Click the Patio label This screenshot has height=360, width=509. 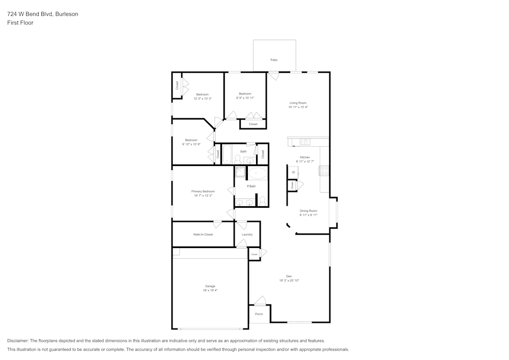pos(274,60)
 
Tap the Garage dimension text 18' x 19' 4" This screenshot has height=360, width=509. pos(210,290)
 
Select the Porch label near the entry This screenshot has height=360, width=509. pos(259,314)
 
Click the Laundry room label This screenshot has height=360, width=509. pos(247,235)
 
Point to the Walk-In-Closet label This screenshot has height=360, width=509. pos(203,235)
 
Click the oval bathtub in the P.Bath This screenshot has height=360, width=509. pos(257,174)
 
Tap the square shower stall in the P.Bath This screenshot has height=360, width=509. pos(240,172)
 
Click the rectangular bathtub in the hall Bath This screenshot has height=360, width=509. pos(227,153)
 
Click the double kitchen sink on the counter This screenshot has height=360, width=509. pos(305,142)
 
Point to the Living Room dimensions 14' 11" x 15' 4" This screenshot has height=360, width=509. pos(298,107)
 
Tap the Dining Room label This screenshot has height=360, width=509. pos(308,211)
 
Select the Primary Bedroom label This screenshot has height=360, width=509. pos(203,191)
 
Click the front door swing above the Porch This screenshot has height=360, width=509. pos(260,300)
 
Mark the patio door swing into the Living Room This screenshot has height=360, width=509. pos(274,76)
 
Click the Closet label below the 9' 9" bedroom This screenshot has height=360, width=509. pos(253,124)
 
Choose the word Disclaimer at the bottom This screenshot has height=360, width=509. pos(18,341)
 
